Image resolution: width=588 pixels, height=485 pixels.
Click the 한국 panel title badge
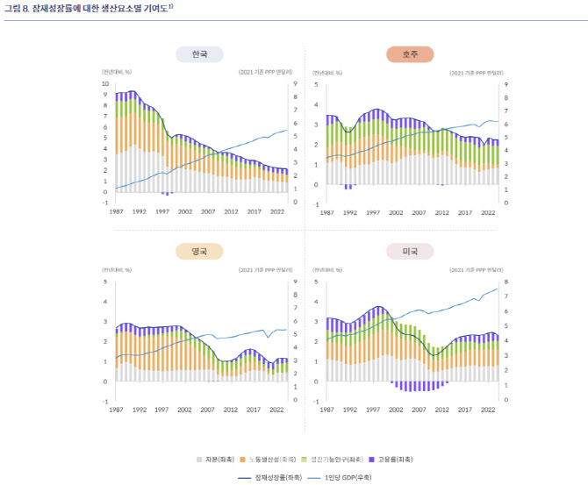(x=199, y=54)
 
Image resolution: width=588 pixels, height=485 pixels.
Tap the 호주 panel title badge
(x=410, y=54)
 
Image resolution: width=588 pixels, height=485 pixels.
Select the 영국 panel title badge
(x=199, y=251)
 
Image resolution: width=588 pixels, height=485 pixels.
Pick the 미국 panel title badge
(x=410, y=251)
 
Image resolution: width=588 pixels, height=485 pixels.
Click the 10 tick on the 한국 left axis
(x=106, y=84)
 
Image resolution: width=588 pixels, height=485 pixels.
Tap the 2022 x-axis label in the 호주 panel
(x=488, y=212)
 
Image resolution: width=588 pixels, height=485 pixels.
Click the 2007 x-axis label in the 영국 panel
(x=208, y=410)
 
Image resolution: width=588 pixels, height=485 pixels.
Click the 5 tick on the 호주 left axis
(x=316, y=84)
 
